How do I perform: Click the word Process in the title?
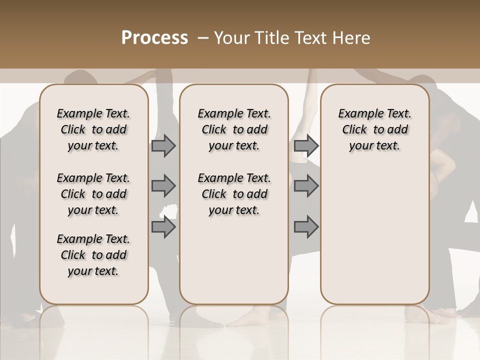click(154, 38)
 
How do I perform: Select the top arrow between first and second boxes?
click(163, 146)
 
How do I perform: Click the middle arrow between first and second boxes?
click(163, 186)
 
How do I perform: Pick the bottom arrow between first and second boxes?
click(163, 227)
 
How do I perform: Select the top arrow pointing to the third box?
click(306, 146)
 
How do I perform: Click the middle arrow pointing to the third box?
click(306, 186)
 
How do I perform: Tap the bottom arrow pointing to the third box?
click(306, 227)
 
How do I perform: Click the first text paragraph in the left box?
click(93, 129)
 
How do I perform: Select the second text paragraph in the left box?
click(93, 194)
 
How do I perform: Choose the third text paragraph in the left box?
click(93, 255)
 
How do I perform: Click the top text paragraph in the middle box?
click(234, 129)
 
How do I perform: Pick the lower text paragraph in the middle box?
click(234, 194)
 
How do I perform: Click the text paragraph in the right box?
click(374, 129)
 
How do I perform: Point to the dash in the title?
click(203, 38)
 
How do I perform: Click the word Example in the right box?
click(358, 114)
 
